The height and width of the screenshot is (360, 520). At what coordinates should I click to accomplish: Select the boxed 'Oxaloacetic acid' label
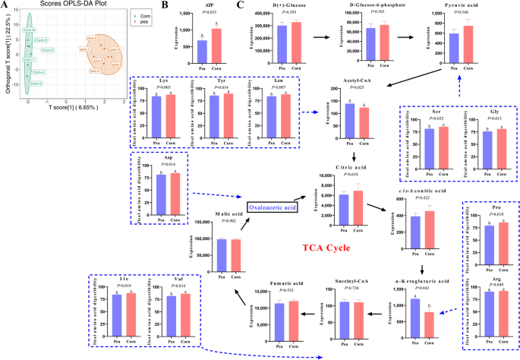pos(274,206)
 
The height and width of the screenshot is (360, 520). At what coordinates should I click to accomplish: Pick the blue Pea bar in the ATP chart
pos(203,51)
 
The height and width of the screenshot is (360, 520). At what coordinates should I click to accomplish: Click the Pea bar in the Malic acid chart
pos(222,254)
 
